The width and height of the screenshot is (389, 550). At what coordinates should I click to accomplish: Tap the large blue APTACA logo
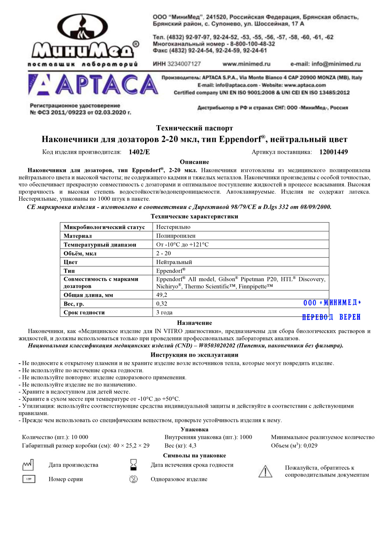(93, 85)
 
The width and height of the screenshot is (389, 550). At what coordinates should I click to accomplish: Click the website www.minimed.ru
(246, 64)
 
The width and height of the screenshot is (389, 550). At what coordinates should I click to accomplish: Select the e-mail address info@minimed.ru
(326, 64)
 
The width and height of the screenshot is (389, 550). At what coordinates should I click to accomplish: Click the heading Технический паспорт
(194, 128)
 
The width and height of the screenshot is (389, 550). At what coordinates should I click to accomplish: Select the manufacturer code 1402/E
(139, 152)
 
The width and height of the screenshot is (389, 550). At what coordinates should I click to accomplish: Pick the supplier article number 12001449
(333, 152)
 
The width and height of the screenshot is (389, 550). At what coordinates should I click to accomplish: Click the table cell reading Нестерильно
(173, 227)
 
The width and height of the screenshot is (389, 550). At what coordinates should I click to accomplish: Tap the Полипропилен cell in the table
(176, 236)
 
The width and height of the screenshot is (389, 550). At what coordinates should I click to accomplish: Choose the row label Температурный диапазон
(100, 245)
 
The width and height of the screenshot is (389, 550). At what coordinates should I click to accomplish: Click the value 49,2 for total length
(162, 295)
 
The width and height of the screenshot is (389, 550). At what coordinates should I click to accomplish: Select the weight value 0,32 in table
(162, 304)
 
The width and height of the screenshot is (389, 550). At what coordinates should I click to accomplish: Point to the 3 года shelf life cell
(164, 312)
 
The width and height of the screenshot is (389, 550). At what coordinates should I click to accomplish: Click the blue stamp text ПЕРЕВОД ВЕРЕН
(331, 317)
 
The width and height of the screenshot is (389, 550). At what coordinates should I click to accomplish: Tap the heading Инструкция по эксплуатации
(194, 355)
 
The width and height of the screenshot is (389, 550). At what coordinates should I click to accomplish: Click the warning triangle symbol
(265, 471)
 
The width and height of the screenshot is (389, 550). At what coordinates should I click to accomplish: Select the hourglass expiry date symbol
(133, 465)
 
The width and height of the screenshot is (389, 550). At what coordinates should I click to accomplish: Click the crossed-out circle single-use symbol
(133, 479)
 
